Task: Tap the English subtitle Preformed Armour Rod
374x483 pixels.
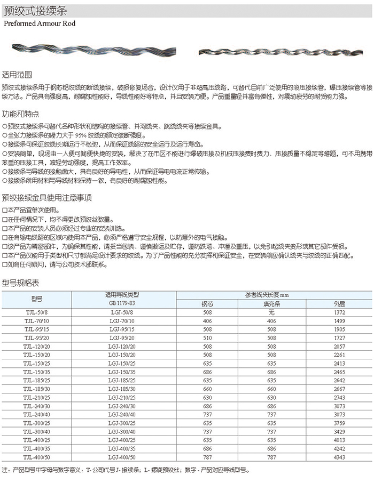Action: pos(40,23)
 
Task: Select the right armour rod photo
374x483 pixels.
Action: pos(280,52)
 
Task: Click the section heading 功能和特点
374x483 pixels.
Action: pos(21,115)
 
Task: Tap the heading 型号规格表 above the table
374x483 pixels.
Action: pos(21,282)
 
